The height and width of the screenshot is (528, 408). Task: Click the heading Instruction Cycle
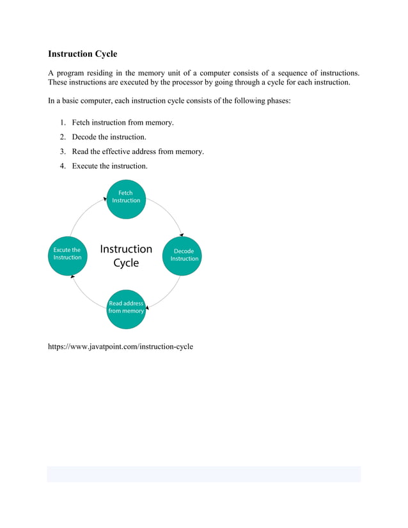tap(82, 54)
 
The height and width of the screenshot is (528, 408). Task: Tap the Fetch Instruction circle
tap(126, 197)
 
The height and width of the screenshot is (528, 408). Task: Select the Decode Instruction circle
tap(184, 255)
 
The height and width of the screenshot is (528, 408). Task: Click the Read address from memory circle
tap(126, 307)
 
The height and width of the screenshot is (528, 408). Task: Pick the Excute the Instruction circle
tap(67, 254)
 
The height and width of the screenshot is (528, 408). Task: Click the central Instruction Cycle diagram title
tap(126, 256)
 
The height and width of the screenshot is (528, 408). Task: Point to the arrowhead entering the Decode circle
tap(182, 235)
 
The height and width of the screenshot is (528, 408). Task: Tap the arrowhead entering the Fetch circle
tap(105, 199)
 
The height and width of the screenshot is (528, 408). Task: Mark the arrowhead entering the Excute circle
tap(73, 276)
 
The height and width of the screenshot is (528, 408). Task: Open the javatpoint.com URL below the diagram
tap(120, 346)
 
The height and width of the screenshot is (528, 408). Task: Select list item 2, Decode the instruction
tap(109, 137)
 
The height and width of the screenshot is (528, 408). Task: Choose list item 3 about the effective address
tap(137, 151)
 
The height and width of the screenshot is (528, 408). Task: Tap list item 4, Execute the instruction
tap(109, 166)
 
